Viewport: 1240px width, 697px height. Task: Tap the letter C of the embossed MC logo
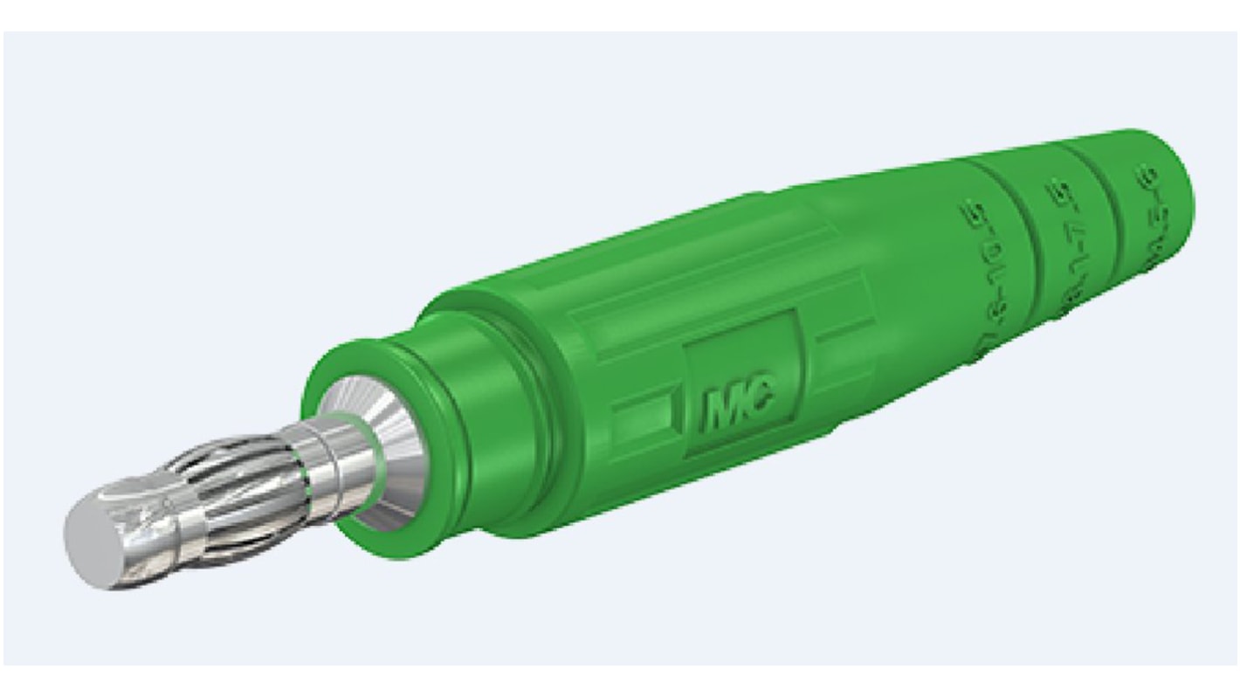(758, 399)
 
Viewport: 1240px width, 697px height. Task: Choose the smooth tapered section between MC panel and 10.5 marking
(882, 288)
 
